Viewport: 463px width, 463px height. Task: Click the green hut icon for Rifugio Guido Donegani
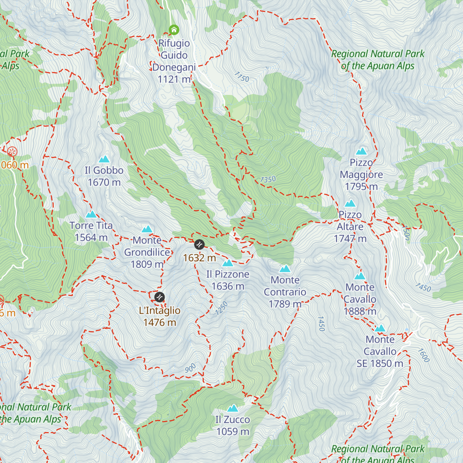(x=174, y=29)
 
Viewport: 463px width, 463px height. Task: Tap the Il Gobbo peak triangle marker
(x=104, y=159)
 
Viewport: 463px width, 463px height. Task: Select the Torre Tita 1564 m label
(x=91, y=231)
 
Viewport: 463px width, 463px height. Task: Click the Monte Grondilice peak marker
(x=147, y=229)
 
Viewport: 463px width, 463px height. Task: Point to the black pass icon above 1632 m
(x=199, y=244)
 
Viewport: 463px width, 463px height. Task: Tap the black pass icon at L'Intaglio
(x=159, y=297)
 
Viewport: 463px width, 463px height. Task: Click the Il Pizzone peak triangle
(x=228, y=263)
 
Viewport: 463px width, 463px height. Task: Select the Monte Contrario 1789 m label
(x=285, y=292)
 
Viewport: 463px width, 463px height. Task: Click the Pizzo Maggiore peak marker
(x=362, y=151)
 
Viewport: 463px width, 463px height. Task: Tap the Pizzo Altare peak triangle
(x=350, y=203)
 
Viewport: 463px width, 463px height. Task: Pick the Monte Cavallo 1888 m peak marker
(x=360, y=276)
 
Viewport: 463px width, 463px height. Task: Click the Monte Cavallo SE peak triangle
(x=380, y=328)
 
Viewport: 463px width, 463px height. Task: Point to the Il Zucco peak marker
(x=232, y=408)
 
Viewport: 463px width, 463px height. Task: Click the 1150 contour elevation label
(x=242, y=77)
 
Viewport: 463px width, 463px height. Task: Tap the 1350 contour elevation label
(x=268, y=179)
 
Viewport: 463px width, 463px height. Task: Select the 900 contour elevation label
(x=190, y=368)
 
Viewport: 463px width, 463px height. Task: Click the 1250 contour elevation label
(x=222, y=308)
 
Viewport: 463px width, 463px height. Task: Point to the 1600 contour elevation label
(x=423, y=355)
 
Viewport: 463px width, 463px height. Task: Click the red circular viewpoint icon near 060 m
(x=12, y=151)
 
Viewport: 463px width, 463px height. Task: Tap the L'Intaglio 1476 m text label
(x=160, y=316)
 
